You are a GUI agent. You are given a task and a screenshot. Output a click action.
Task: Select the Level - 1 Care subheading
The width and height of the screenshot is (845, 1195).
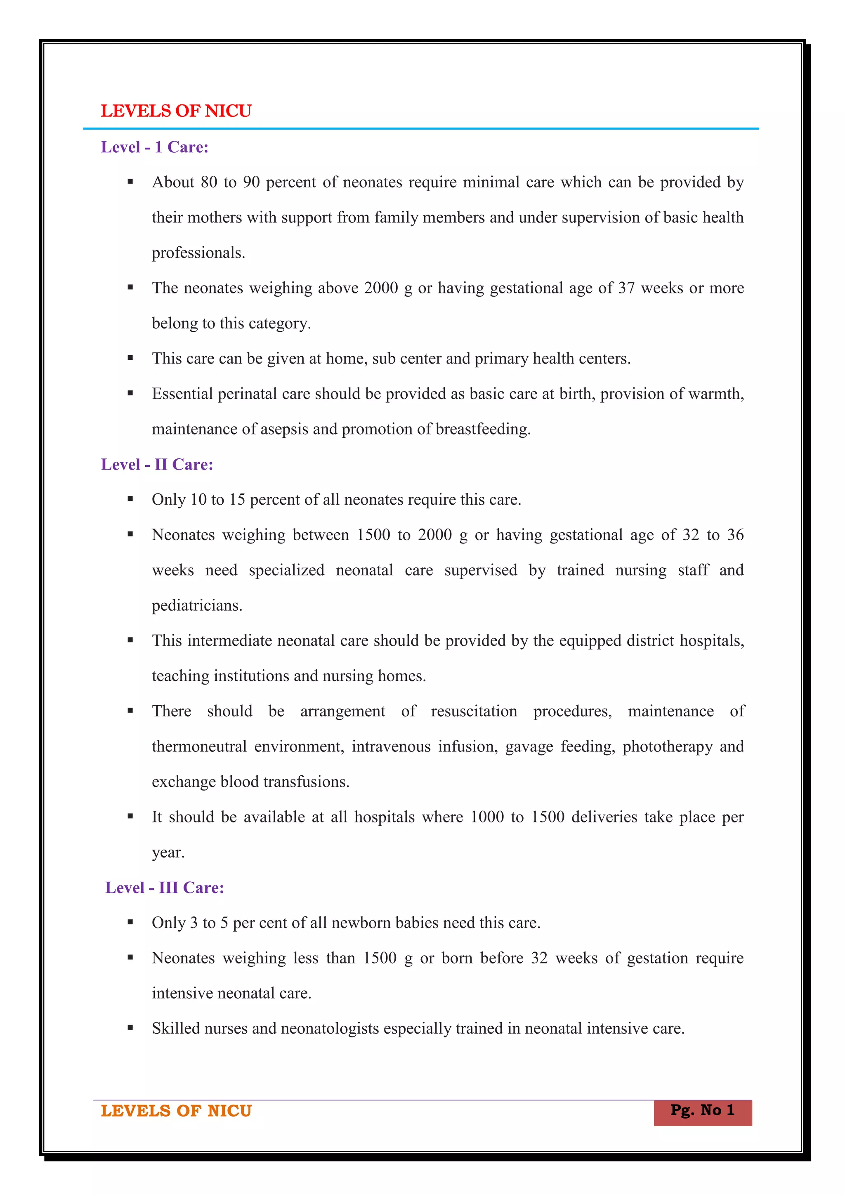point(155,147)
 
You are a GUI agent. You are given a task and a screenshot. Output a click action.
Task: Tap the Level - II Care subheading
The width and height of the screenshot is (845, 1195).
point(157,464)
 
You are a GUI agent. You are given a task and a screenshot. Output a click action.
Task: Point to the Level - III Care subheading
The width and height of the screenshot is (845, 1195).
point(165,888)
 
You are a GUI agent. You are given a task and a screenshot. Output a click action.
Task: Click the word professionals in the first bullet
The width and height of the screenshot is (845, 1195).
point(198,253)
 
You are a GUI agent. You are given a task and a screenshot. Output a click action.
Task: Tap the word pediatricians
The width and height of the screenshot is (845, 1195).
point(197,606)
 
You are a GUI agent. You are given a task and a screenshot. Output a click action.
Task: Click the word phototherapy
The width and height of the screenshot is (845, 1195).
point(668,747)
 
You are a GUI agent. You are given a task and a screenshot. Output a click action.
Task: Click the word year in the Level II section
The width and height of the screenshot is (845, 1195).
point(168,853)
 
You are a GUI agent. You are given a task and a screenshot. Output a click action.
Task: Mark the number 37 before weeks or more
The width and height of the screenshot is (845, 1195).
point(626,288)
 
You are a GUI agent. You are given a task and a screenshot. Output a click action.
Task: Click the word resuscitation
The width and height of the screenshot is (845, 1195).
point(474,711)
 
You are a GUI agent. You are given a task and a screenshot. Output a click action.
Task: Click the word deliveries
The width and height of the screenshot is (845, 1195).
point(604,817)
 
